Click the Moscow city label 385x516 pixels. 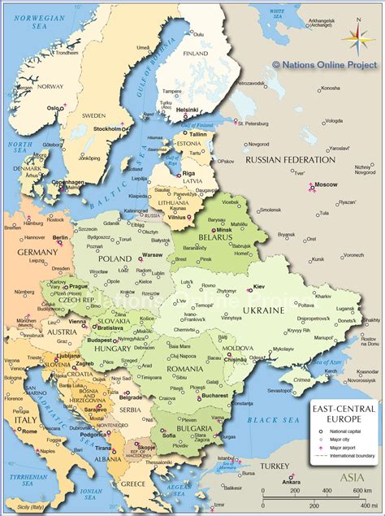pyautogui.click(x=326, y=185)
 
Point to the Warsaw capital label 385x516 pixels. pyautogui.click(x=153, y=255)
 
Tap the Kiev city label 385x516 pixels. pyautogui.click(x=260, y=287)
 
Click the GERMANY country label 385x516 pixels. pyautogui.click(x=37, y=252)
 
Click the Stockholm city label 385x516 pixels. pyautogui.click(x=107, y=128)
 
